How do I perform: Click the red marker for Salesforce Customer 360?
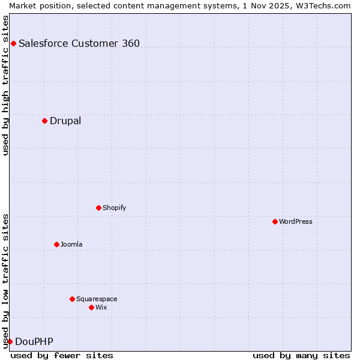(x=13, y=43)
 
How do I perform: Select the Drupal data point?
(x=44, y=121)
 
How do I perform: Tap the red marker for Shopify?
(x=98, y=208)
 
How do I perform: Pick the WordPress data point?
(x=275, y=221)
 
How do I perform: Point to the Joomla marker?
(x=56, y=244)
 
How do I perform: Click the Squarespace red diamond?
(x=72, y=299)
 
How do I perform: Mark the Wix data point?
(x=91, y=307)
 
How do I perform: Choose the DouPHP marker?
(x=10, y=341)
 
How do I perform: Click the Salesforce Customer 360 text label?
(x=79, y=43)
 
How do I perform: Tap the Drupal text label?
(x=65, y=121)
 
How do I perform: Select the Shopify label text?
(x=115, y=208)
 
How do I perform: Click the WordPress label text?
(x=296, y=221)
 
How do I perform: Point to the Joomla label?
(x=71, y=244)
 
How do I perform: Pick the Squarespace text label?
(x=97, y=299)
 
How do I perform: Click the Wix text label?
(x=101, y=307)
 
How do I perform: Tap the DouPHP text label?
(x=34, y=341)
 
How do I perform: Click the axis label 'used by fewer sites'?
(x=62, y=355)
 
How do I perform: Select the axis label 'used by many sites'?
(x=301, y=355)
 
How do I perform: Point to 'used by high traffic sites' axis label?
(x=5, y=85)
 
